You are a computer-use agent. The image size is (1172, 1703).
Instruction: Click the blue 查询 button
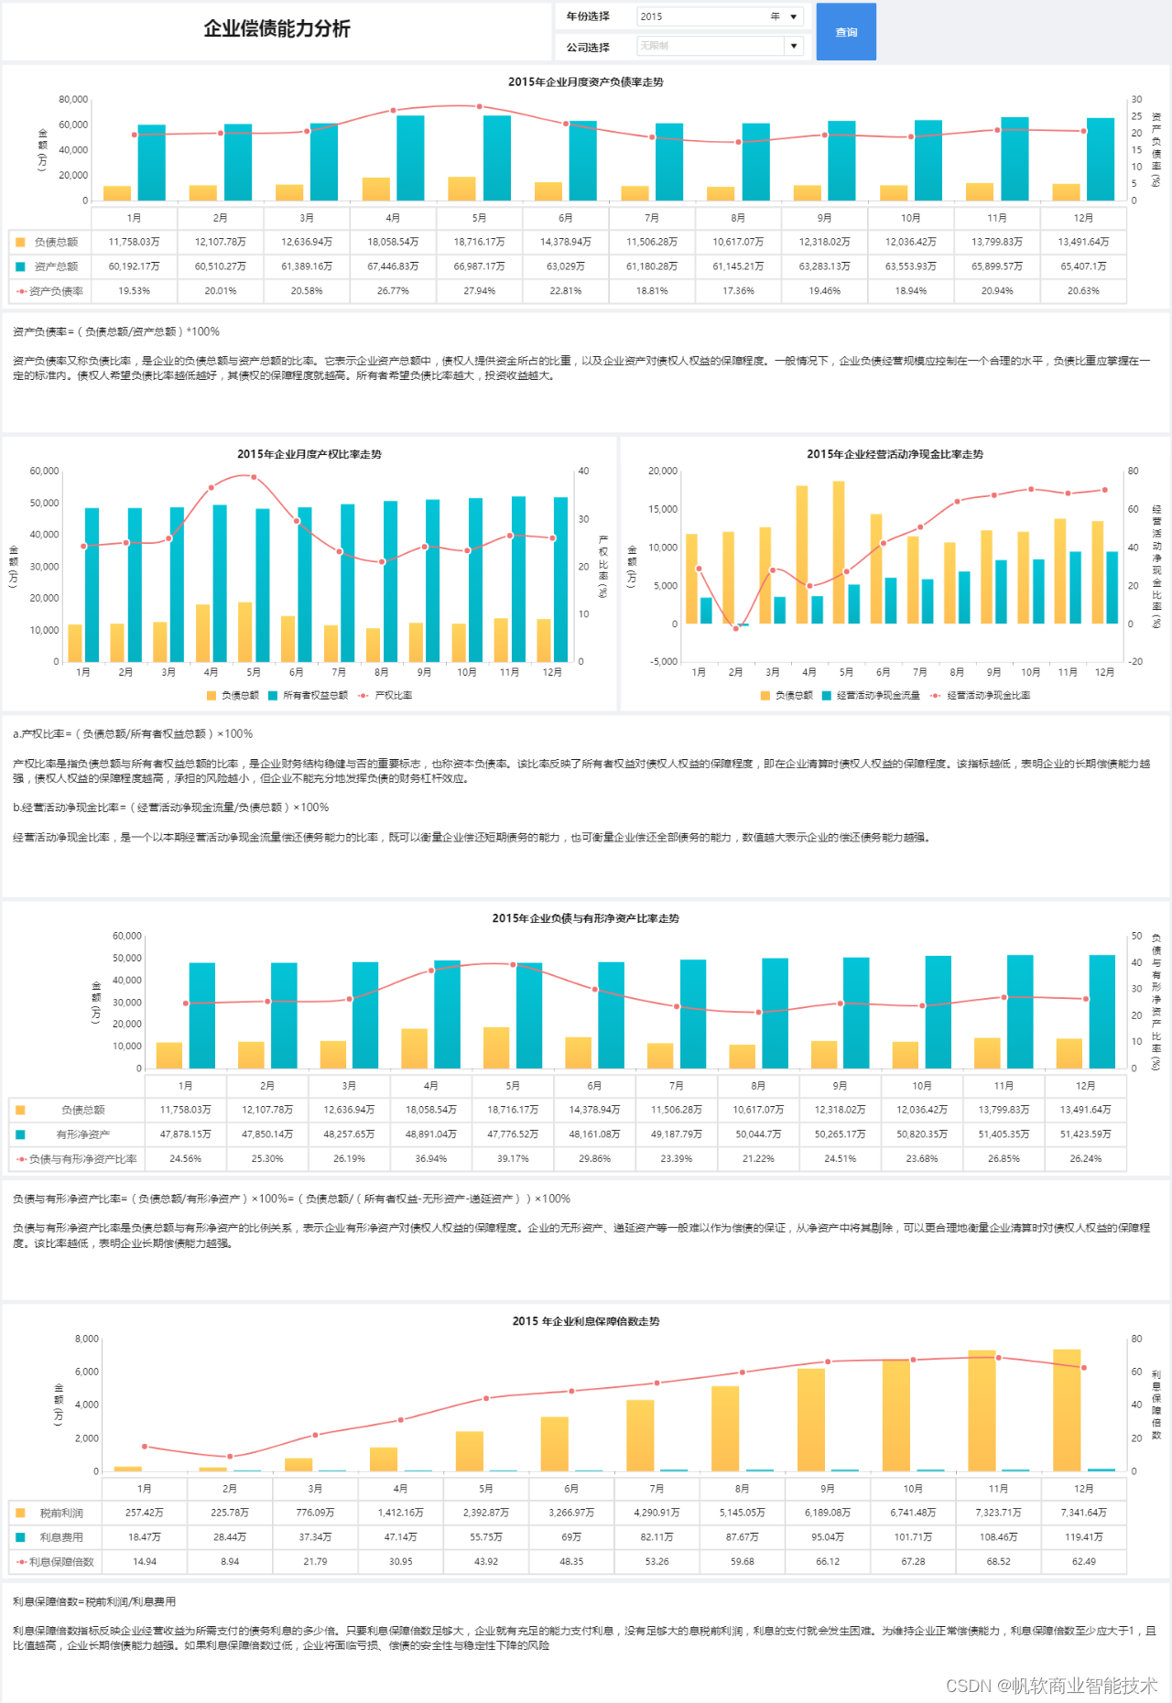[x=846, y=32]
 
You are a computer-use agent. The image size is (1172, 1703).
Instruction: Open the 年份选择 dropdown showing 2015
[x=720, y=16]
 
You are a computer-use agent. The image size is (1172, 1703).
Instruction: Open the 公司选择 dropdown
[x=720, y=46]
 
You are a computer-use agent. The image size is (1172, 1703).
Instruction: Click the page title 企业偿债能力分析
[x=277, y=28]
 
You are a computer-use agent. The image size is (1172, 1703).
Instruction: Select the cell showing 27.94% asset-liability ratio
[x=479, y=291]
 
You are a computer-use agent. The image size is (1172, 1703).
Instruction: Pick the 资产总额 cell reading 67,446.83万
[x=393, y=266]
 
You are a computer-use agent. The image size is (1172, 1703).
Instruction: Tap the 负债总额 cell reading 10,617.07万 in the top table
[x=738, y=242]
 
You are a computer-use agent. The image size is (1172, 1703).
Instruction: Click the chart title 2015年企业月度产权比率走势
[x=309, y=454]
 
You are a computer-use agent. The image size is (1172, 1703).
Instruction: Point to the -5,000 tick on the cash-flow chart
[x=664, y=661]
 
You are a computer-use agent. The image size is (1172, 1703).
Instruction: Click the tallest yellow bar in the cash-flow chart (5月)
[x=839, y=551]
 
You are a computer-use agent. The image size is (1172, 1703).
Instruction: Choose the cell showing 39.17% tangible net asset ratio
[x=513, y=1158]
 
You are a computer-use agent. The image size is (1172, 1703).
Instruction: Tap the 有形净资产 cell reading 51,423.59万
[x=1085, y=1134]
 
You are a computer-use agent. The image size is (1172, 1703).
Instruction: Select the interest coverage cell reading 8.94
[x=230, y=1561]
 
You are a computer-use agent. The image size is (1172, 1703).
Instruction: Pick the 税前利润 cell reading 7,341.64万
[x=1083, y=1513]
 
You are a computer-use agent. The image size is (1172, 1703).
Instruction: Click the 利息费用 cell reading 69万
[x=571, y=1537]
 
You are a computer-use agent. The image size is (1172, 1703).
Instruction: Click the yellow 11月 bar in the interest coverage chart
[x=982, y=1410]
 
